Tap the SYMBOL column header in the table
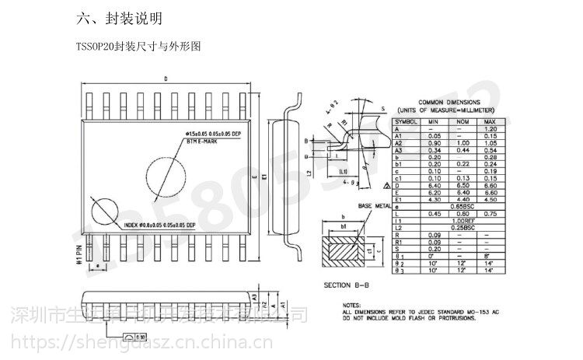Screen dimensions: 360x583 (407, 122)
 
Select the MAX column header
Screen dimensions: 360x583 (489, 122)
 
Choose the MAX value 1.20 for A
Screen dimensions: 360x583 (489, 129)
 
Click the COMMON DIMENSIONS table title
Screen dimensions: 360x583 (453, 103)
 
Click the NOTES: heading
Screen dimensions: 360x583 (351, 304)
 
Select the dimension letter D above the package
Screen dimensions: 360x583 (166, 79)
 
